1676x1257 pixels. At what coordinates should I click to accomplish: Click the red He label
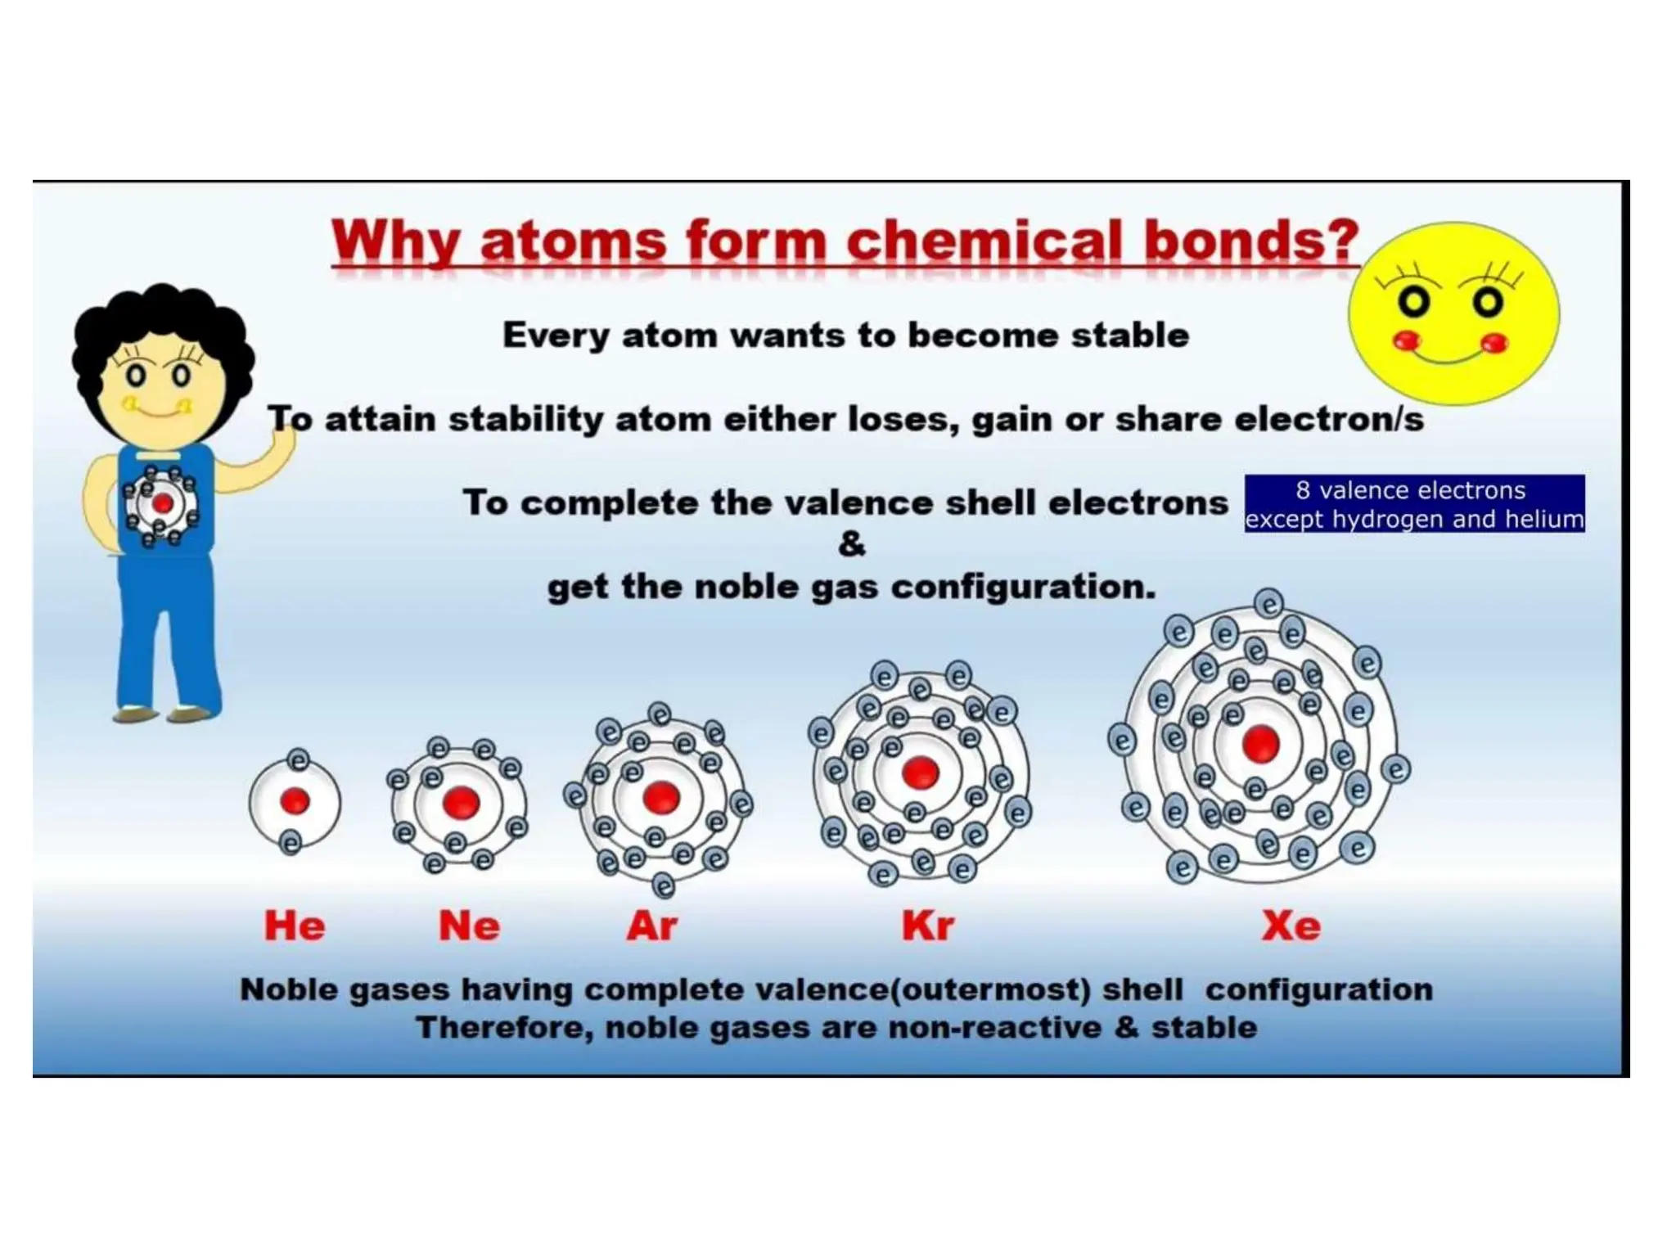point(294,926)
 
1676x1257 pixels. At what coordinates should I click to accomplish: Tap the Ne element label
point(469,926)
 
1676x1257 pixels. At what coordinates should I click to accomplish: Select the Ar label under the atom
point(651,926)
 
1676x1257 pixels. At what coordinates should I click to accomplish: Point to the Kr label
point(927,926)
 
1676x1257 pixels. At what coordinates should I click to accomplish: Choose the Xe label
point(1291,926)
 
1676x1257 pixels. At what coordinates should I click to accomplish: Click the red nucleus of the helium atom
point(295,801)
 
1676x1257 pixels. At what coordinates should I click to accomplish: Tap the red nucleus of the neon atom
point(461,803)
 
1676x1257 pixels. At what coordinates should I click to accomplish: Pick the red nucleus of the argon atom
point(661,798)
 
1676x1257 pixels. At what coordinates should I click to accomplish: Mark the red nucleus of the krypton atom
point(920,773)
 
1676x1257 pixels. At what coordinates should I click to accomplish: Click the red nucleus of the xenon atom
point(1260,744)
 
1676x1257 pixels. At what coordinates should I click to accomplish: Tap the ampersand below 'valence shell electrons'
point(851,544)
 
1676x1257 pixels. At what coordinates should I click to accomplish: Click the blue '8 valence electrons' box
point(1414,503)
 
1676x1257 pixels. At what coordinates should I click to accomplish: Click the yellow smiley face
point(1453,313)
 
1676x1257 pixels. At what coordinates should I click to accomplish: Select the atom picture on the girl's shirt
point(161,504)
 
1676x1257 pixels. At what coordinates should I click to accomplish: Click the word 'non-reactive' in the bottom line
point(994,1028)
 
